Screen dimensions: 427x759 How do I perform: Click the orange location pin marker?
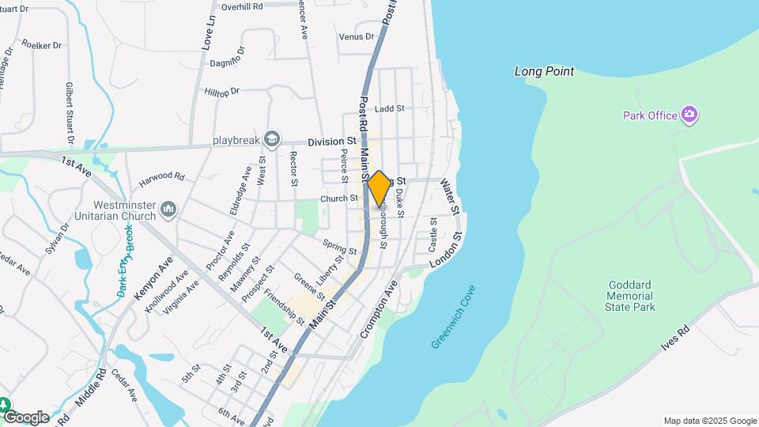point(379,188)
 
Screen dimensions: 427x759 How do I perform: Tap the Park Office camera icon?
point(689,115)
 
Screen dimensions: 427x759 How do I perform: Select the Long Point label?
point(544,71)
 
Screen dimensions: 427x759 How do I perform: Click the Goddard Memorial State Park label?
point(632,296)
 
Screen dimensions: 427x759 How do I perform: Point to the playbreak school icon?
point(272,140)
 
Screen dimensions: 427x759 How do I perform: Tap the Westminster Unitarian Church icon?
point(168,209)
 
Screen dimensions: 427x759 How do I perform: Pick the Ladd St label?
point(390,108)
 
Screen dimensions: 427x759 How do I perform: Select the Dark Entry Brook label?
point(126,260)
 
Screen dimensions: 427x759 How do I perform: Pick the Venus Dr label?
point(356,37)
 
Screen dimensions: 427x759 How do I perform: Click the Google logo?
point(25,417)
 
